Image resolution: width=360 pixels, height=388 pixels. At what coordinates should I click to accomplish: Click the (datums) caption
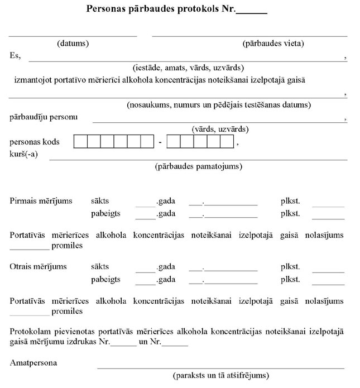pyautogui.click(x=73, y=44)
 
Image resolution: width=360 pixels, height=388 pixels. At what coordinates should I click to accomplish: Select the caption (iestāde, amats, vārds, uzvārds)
pyautogui.click(x=188, y=68)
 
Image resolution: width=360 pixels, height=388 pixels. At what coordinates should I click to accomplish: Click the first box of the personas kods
pyautogui.click(x=80, y=142)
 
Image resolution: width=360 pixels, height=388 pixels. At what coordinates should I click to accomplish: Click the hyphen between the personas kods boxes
pyautogui.click(x=160, y=142)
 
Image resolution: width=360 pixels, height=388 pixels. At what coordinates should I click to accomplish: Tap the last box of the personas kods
pyautogui.click(x=227, y=142)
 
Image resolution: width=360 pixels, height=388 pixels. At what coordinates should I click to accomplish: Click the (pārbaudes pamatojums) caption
pyautogui.click(x=198, y=166)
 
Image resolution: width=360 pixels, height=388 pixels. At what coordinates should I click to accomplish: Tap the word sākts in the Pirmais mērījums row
pyautogui.click(x=100, y=201)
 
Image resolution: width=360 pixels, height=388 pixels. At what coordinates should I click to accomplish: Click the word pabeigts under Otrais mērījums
pyautogui.click(x=105, y=279)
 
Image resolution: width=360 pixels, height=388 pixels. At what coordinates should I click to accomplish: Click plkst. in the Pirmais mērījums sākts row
pyautogui.click(x=290, y=201)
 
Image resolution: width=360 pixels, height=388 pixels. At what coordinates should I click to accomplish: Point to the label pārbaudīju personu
pyautogui.click(x=44, y=117)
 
